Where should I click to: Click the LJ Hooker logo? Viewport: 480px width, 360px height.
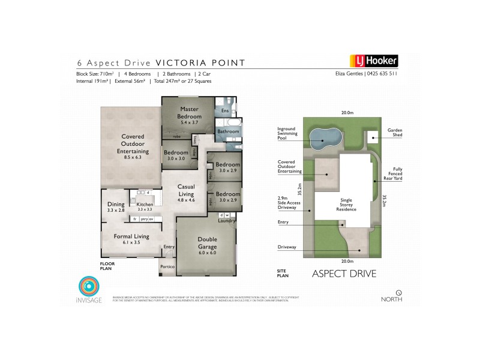click(x=374, y=61)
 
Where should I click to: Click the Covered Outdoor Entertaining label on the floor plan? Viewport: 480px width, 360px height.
click(x=133, y=144)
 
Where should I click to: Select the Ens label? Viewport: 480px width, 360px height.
click(x=225, y=111)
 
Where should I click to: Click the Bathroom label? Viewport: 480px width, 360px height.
click(x=228, y=131)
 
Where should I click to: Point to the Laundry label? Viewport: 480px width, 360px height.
click(x=226, y=221)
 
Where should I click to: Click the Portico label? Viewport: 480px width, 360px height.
click(x=167, y=266)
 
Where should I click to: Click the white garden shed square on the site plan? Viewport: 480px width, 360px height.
click(x=371, y=137)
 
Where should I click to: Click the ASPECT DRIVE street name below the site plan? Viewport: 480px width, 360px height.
click(x=344, y=274)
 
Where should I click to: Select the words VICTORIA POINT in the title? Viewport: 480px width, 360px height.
click(x=200, y=62)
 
